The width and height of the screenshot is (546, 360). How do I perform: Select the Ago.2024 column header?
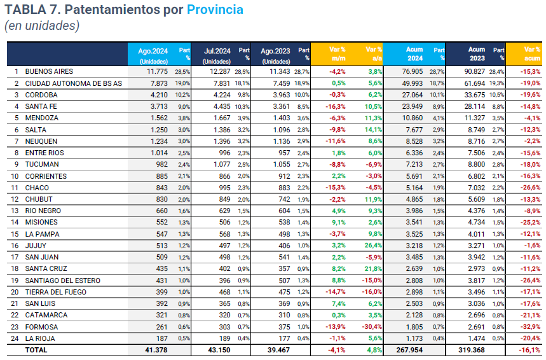click(x=153, y=51)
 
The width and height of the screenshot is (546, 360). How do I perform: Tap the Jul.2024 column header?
click(x=217, y=51)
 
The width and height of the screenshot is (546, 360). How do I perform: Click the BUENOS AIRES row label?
click(x=49, y=71)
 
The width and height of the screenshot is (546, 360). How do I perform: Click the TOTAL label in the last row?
click(x=36, y=350)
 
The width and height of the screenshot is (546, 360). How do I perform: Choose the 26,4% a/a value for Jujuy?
click(x=372, y=246)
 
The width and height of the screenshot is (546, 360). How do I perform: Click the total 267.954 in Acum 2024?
click(x=407, y=350)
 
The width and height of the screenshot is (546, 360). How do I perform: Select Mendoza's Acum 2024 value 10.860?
click(x=409, y=118)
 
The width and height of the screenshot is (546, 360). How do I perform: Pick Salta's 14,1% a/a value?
click(x=372, y=129)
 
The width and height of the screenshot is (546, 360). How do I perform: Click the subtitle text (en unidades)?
click(x=42, y=26)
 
